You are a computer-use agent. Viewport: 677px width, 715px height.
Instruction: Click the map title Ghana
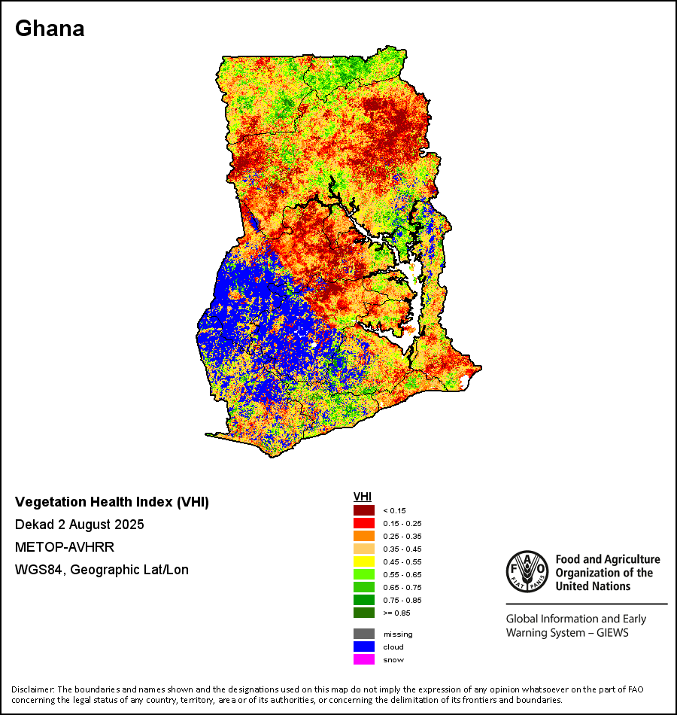[50, 29]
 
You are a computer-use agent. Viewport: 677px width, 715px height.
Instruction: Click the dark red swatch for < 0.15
[364, 510]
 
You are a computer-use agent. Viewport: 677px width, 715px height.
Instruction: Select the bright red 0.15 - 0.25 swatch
[364, 523]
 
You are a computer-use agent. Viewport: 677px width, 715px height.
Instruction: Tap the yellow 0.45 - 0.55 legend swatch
[364, 561]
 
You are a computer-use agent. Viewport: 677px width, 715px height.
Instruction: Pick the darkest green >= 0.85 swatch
[364, 613]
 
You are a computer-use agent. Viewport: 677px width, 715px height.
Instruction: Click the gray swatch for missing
[364, 634]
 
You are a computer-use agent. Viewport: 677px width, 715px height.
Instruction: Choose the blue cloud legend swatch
[364, 647]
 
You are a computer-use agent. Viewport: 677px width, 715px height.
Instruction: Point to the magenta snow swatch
[364, 659]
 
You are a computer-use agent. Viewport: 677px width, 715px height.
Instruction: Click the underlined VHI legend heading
[363, 497]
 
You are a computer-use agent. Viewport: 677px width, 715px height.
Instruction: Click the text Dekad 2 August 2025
[80, 524]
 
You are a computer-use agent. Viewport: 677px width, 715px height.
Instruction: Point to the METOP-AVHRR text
[60, 547]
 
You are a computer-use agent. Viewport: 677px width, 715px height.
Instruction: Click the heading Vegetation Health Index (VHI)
[112, 502]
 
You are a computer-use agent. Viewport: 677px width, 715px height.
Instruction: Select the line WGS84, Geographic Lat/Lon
[102, 570]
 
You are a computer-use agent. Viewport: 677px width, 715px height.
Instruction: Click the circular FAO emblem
[527, 571]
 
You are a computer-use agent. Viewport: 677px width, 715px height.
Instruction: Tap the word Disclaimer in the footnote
[32, 689]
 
